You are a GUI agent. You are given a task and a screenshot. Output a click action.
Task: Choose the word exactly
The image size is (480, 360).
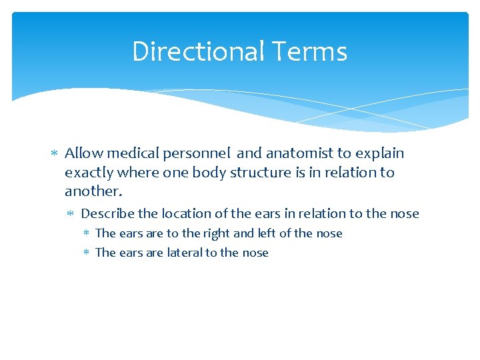coord(89,173)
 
